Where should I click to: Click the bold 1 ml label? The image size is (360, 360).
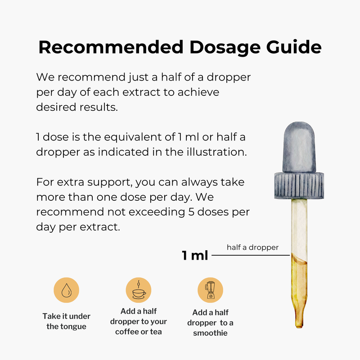pyautogui.click(x=195, y=256)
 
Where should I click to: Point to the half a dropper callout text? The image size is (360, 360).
pyautogui.click(x=252, y=247)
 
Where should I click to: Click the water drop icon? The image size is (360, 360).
pyautogui.click(x=67, y=290)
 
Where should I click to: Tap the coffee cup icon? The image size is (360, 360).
pyautogui.click(x=138, y=290)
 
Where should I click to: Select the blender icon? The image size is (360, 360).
pyautogui.click(x=210, y=290)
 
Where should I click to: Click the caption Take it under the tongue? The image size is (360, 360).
pyautogui.click(x=67, y=321)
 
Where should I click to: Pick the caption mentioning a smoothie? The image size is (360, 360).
pyautogui.click(x=210, y=323)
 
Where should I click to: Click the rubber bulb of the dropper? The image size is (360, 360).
pyautogui.click(x=299, y=148)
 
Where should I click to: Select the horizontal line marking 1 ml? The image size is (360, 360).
pyautogui.click(x=250, y=256)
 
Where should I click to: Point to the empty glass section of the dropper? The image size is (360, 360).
pyautogui.click(x=300, y=225)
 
